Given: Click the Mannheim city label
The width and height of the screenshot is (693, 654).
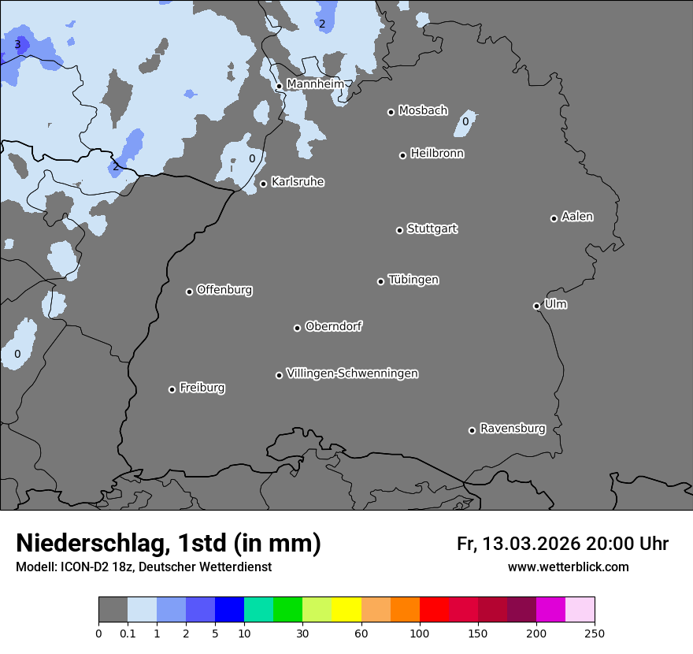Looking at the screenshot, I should (315, 84).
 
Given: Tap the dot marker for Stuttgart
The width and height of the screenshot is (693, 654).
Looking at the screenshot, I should (399, 230).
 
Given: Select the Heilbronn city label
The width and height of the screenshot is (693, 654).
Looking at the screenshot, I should (437, 153).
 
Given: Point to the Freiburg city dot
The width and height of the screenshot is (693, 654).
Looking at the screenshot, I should (172, 389).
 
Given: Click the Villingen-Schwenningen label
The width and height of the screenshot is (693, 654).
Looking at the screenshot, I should (352, 373).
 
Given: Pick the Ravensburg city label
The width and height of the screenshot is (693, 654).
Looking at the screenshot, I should (513, 429).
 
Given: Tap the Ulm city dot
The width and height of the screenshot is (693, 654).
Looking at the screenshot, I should (536, 306).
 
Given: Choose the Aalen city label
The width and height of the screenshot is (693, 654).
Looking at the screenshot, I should (577, 216).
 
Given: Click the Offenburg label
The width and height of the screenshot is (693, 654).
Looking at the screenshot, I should (224, 289).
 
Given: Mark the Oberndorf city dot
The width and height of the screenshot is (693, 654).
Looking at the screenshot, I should (297, 328).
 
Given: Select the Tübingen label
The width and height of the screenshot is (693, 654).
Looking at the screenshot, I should (413, 279).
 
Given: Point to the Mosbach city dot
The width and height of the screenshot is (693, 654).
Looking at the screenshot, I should (391, 112).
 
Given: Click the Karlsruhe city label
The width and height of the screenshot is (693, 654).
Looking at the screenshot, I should (298, 182).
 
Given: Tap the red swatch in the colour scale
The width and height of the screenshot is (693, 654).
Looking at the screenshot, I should (434, 610).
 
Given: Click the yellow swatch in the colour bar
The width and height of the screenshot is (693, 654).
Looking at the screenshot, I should (346, 610).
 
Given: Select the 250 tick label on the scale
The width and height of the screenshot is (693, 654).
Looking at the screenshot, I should (594, 633).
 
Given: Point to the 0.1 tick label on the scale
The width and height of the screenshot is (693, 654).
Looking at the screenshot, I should (128, 633).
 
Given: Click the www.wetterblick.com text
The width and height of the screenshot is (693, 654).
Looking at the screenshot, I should (569, 567).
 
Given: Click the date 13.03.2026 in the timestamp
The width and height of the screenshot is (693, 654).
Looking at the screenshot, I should (532, 544).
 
